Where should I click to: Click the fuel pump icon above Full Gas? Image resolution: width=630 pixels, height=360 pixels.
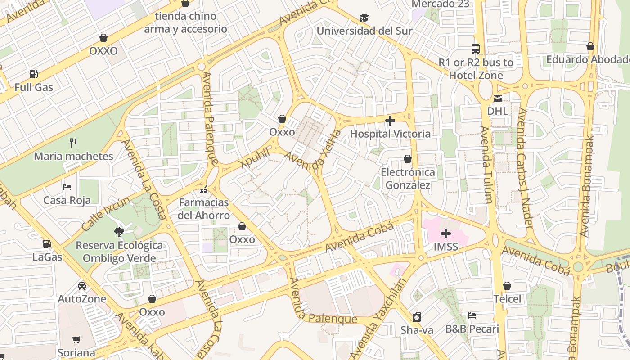pos(33,74)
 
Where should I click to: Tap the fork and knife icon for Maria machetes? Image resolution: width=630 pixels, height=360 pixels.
pos(73,143)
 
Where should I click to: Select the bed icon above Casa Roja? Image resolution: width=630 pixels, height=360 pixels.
pos(67,187)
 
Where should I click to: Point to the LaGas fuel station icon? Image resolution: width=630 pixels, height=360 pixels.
pos(47,244)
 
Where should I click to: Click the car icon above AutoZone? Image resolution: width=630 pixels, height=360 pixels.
pos(82,286)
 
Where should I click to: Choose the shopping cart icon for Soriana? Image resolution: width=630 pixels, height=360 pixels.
pos(76,339)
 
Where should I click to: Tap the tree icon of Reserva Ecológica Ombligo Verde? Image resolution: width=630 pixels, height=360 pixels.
pos(119,232)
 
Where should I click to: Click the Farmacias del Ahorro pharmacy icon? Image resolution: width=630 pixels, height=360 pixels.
pos(204,189)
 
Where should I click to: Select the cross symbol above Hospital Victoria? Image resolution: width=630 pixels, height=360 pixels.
pos(390,121)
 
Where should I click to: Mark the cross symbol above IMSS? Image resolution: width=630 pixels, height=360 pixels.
pos(446,234)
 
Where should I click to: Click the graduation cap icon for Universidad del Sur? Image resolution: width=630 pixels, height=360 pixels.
pos(364,18)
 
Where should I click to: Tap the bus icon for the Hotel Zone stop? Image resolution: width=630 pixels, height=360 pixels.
pos(476,49)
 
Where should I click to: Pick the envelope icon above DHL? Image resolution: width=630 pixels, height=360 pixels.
pos(498,98)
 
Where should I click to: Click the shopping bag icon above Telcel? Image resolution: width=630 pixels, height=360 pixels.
pos(507,286)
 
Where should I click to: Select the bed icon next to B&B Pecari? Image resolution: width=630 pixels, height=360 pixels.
pos(472,315)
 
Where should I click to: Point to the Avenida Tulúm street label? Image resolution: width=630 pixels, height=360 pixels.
pos(487,164)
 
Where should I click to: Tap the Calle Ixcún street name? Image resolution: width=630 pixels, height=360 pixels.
pos(106,214)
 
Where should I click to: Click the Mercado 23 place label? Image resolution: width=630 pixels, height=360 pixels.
pos(440,4)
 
